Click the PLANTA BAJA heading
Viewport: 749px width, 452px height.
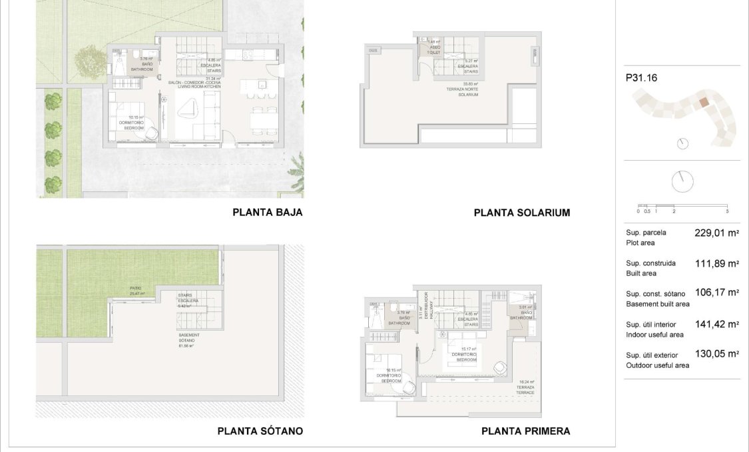click(268, 213)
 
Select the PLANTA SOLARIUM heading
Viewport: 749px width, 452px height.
click(521, 213)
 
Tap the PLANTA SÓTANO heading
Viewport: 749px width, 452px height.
click(260, 431)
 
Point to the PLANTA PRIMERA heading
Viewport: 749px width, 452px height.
click(525, 431)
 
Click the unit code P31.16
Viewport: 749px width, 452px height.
click(641, 78)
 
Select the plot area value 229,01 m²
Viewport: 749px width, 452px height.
click(717, 233)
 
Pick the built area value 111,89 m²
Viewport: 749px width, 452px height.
click(717, 263)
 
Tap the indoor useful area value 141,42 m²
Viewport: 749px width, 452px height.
click(717, 325)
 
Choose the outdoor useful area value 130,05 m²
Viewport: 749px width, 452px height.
click(717, 354)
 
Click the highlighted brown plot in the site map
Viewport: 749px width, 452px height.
click(703, 103)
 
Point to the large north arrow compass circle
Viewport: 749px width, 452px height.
click(682, 181)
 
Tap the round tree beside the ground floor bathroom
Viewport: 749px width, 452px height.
click(90, 61)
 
